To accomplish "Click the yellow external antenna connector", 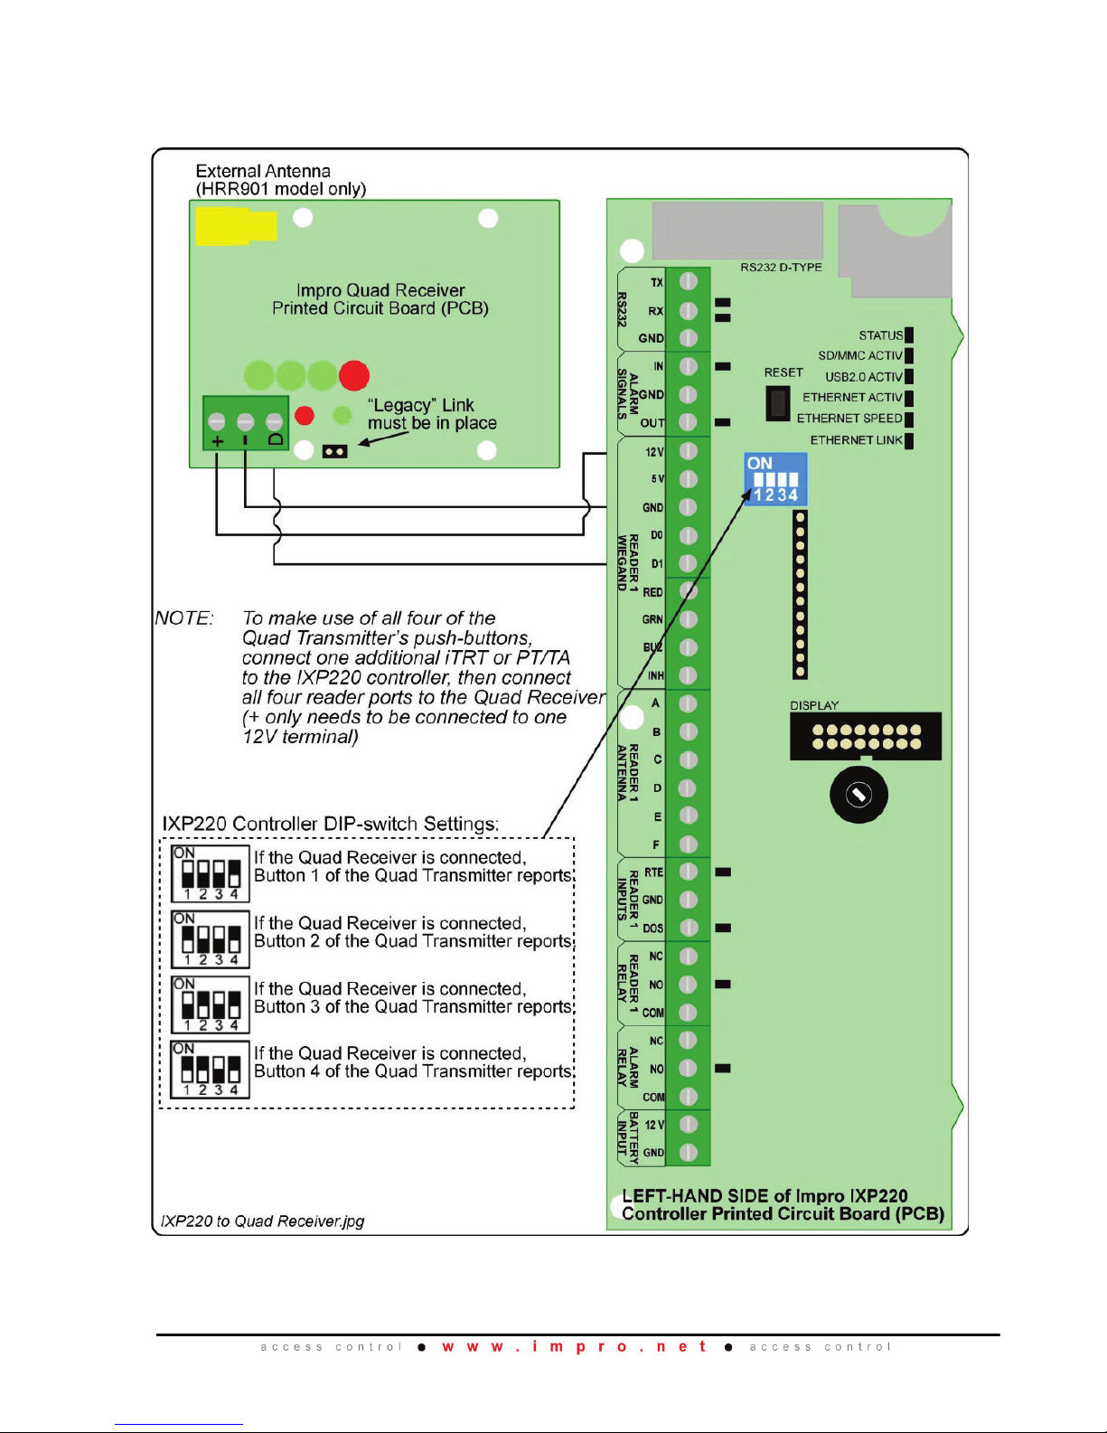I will point(234,226).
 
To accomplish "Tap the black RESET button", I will point(777,403).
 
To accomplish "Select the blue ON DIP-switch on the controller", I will point(775,480).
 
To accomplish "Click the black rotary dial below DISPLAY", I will point(858,795).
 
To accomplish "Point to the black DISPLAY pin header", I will point(866,737).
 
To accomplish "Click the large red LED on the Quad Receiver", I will point(354,374).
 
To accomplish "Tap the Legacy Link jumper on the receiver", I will point(334,451).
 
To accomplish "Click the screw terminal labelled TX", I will point(688,282).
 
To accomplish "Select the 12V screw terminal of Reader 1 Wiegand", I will point(688,451).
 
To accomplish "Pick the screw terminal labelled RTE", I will point(688,872).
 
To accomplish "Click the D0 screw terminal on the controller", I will point(688,535).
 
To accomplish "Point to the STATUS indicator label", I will point(881,335).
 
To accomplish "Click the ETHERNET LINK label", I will point(856,440).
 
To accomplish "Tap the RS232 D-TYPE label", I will point(781,268).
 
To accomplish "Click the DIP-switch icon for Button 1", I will point(211,874).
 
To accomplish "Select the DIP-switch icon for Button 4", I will point(211,1070).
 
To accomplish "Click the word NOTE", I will point(183,619).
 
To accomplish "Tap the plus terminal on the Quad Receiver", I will point(217,422).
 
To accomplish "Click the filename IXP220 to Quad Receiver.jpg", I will point(262,1221).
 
